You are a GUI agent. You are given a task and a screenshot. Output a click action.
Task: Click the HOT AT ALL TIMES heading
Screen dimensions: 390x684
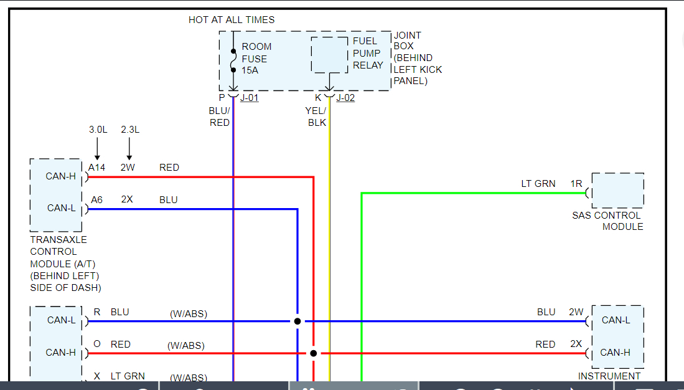(x=232, y=20)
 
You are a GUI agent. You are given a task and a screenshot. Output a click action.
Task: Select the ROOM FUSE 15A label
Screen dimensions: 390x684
(x=256, y=59)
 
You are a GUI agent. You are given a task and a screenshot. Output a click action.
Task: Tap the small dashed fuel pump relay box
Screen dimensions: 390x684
(x=329, y=55)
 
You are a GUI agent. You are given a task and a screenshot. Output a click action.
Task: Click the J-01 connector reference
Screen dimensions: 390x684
(x=250, y=98)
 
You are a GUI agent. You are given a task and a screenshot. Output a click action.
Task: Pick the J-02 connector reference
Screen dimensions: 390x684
(x=345, y=98)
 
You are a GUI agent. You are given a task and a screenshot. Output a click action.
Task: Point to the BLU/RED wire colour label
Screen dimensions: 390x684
(x=219, y=117)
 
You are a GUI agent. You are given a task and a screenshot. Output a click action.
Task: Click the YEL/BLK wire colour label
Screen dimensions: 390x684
(x=316, y=117)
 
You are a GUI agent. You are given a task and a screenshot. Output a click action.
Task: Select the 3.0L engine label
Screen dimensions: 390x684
(x=98, y=130)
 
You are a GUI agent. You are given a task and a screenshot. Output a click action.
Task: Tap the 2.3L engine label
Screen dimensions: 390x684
(x=130, y=130)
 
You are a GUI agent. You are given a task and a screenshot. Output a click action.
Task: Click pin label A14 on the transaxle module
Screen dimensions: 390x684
(x=96, y=168)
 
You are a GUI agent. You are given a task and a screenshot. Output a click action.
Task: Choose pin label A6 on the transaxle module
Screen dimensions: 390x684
(x=96, y=200)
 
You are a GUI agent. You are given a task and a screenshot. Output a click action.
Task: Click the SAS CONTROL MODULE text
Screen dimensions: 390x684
(x=607, y=221)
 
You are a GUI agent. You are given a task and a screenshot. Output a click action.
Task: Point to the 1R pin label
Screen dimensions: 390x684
(x=576, y=184)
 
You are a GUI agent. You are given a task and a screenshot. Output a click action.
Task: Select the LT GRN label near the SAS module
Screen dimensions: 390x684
(x=538, y=184)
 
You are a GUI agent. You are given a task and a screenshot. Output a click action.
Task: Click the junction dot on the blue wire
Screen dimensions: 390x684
(x=297, y=321)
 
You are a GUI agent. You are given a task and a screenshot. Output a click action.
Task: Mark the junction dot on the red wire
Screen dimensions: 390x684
(x=314, y=353)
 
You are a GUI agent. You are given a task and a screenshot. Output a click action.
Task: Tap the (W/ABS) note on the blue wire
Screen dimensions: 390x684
(x=189, y=314)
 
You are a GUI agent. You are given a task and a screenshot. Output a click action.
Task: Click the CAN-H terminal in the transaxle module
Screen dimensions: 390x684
(x=61, y=176)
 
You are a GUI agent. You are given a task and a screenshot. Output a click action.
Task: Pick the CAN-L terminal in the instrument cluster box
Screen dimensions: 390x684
(x=616, y=320)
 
